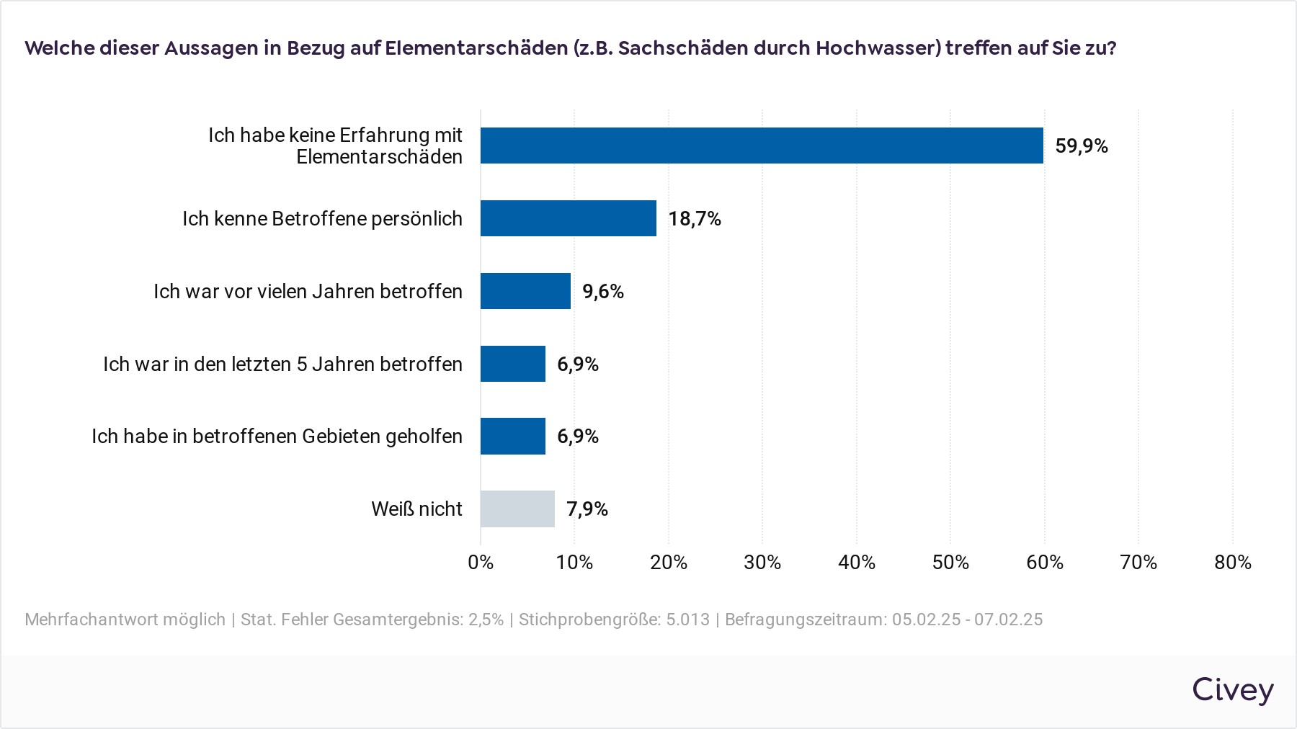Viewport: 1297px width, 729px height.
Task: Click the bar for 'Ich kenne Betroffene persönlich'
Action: pyautogui.click(x=569, y=218)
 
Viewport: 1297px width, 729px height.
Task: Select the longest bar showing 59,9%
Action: pyautogui.click(x=762, y=146)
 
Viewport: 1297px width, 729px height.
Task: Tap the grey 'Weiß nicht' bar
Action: pyautogui.click(x=517, y=509)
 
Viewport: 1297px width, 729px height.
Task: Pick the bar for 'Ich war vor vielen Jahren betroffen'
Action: pyautogui.click(x=525, y=291)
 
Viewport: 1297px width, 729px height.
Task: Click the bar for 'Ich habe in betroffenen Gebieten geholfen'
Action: pyautogui.click(x=513, y=436)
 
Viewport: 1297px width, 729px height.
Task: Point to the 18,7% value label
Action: pyautogui.click(x=695, y=219)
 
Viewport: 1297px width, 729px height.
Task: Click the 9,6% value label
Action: pyautogui.click(x=603, y=292)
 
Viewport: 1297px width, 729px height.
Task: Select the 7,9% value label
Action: pyautogui.click(x=587, y=509)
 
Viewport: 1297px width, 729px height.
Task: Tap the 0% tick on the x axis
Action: pyautogui.click(x=481, y=563)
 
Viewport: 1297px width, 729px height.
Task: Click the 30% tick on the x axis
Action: pyautogui.click(x=762, y=563)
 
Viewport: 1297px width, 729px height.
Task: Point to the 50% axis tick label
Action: pyautogui.click(x=950, y=563)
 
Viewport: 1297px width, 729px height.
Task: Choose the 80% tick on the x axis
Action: pyautogui.click(x=1232, y=563)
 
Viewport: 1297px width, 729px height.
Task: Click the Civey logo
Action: pyautogui.click(x=1232, y=689)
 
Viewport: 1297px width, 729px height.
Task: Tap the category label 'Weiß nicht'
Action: pyautogui.click(x=416, y=509)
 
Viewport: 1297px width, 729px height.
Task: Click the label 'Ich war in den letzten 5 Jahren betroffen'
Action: pyautogui.click(x=282, y=364)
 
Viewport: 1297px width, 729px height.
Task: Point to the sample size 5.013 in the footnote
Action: pyautogui.click(x=687, y=620)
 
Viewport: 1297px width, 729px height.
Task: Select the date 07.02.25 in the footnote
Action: pyautogui.click(x=1008, y=620)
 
